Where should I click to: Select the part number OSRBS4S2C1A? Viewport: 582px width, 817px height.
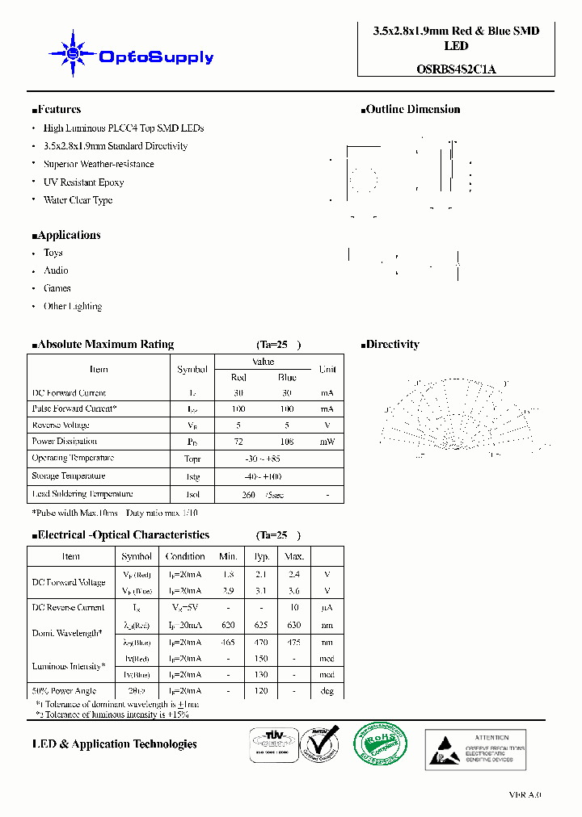456,69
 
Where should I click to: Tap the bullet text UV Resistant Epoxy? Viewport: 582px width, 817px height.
83,182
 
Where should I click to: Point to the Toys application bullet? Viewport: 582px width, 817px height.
53,253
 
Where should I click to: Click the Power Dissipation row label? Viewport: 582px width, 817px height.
65,442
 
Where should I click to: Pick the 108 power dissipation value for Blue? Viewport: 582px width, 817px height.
287,442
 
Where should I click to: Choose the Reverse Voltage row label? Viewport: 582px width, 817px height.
61,425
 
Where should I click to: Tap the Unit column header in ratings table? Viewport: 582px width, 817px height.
327,369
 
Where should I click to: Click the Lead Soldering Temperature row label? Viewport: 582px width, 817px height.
82,494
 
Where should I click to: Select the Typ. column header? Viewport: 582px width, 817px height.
262,556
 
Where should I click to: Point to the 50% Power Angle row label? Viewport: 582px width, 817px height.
64,691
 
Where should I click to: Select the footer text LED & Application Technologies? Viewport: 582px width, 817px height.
114,744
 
